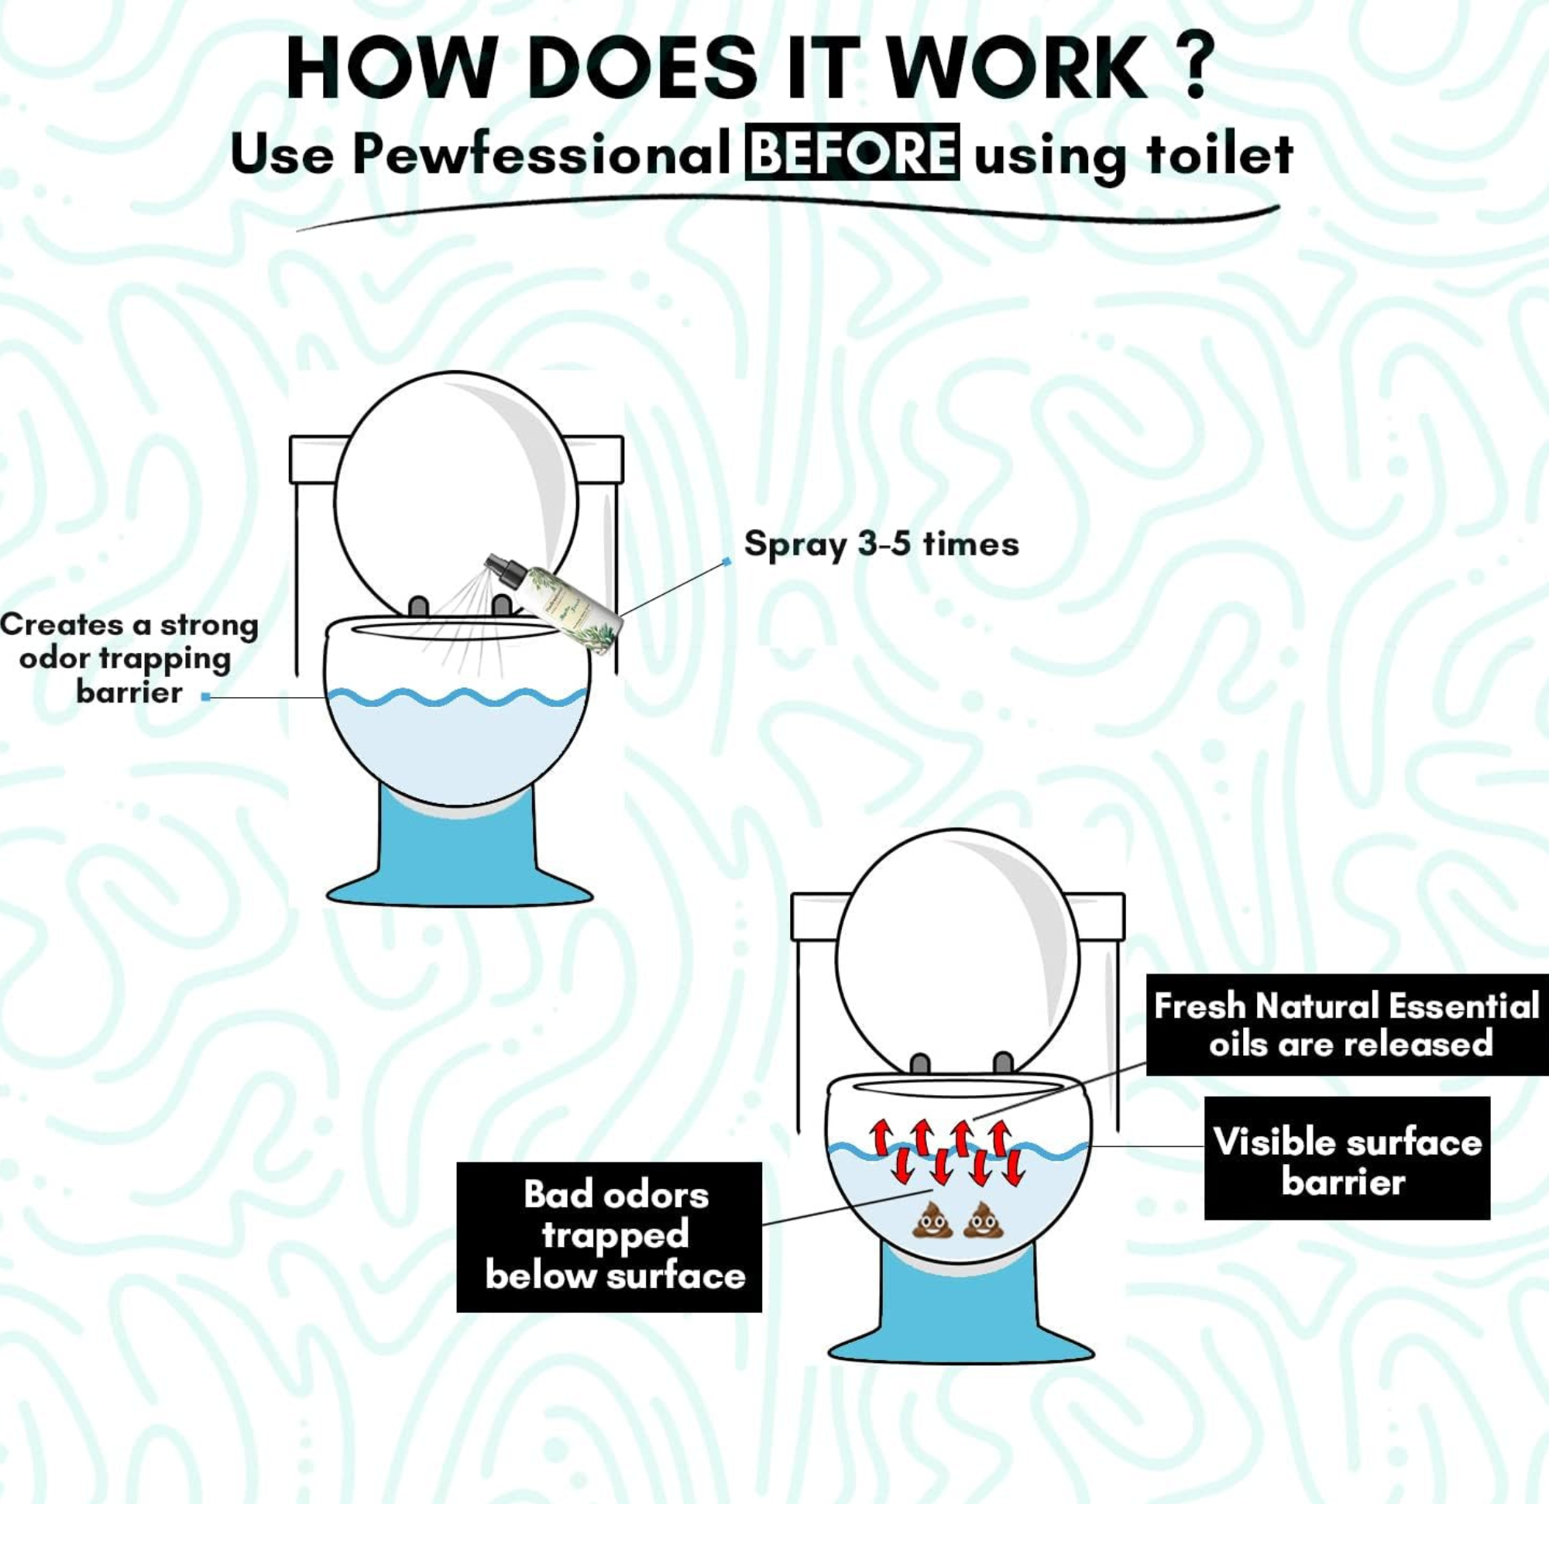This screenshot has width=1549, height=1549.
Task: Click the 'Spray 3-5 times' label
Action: (881, 544)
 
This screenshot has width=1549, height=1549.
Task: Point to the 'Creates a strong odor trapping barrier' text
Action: (129, 659)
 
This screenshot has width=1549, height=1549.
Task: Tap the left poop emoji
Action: (932, 1220)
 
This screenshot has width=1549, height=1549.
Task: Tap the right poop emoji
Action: (984, 1220)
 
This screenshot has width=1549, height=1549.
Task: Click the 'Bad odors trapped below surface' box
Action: (610, 1237)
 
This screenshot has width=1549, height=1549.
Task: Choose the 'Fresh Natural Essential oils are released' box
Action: (1347, 1025)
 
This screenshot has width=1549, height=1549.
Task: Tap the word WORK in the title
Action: (1018, 67)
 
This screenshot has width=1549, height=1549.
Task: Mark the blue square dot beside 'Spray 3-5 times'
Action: (727, 562)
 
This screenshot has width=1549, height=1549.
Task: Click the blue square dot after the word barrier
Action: (206, 698)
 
